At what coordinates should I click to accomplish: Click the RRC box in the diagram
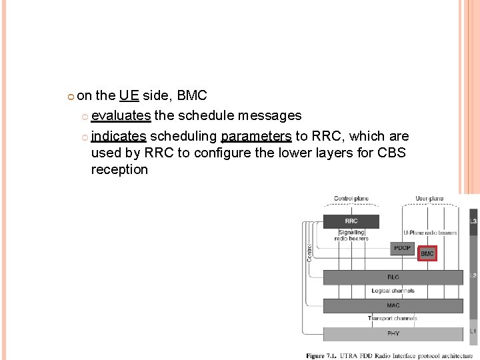(x=351, y=221)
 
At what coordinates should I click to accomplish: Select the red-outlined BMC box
(x=427, y=253)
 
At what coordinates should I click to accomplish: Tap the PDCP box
(x=402, y=249)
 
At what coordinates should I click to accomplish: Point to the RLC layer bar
(x=393, y=277)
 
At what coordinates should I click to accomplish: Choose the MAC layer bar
(x=393, y=306)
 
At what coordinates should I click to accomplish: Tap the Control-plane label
(x=351, y=198)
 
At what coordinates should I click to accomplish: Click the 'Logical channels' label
(x=393, y=291)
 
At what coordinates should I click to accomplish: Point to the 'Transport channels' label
(x=393, y=319)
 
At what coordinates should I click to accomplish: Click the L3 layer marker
(x=473, y=221)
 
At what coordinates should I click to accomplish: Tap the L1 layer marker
(x=473, y=331)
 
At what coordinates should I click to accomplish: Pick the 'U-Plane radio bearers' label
(x=430, y=233)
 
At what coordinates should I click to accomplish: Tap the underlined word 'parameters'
(x=256, y=136)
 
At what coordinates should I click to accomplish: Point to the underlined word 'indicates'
(x=119, y=136)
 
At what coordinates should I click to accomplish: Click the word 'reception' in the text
(x=119, y=169)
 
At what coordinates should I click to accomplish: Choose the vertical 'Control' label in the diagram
(x=309, y=251)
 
